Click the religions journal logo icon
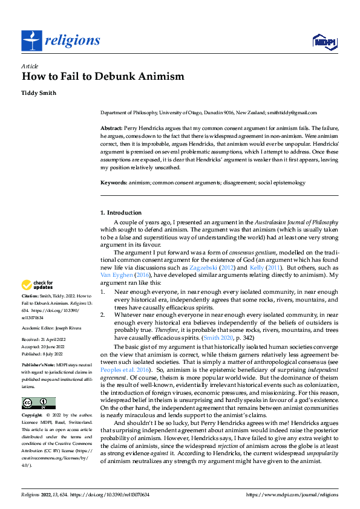31,41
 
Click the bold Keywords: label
114,183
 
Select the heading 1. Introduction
121,213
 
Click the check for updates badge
38,285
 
